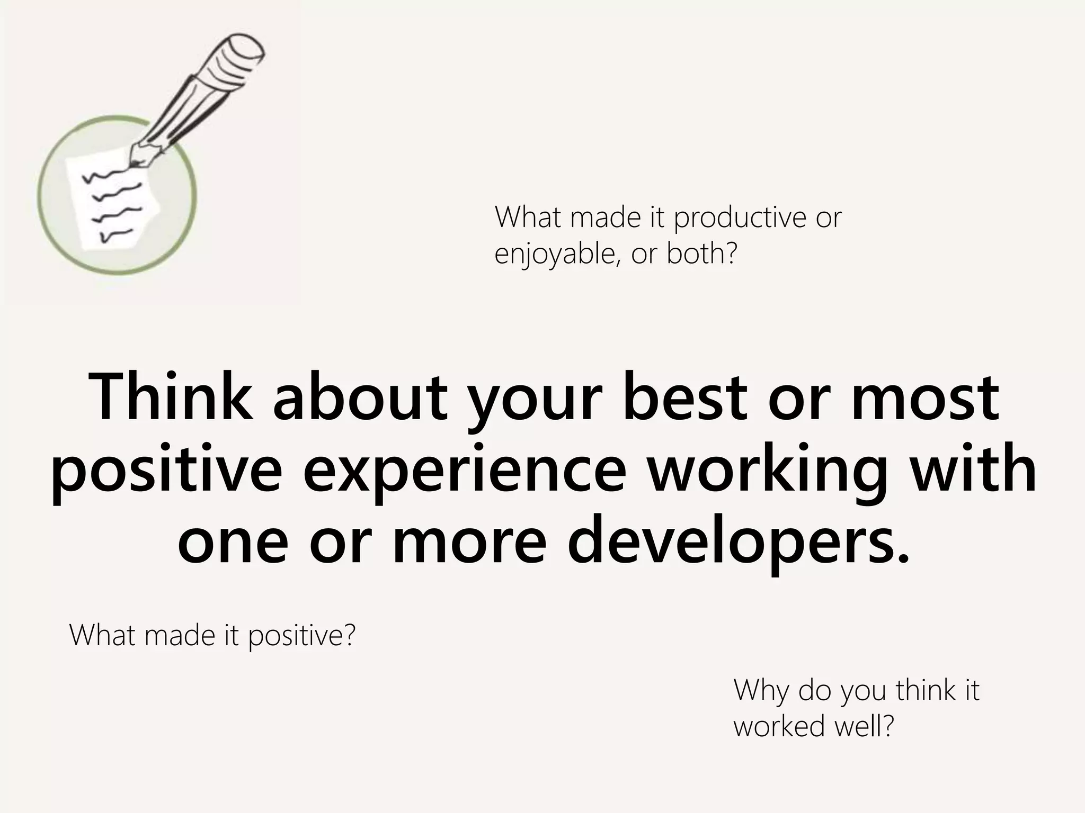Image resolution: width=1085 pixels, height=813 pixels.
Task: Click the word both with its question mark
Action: click(x=701, y=254)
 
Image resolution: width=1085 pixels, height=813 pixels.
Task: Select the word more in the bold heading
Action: click(x=469, y=542)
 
